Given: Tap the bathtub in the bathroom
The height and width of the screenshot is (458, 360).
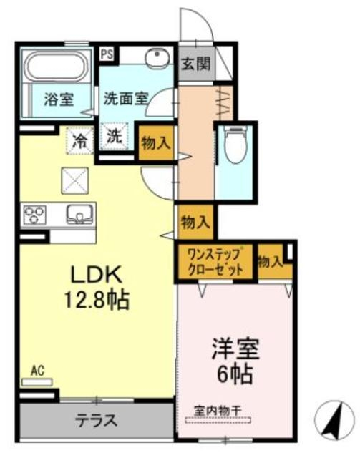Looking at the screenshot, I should (x=57, y=68).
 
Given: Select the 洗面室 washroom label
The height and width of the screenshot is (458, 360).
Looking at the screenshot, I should (x=125, y=99).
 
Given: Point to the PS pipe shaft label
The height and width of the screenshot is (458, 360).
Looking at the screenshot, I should (x=107, y=53).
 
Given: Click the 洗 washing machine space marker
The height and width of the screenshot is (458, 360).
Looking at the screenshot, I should (x=115, y=136).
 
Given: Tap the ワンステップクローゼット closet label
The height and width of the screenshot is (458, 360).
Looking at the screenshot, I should (x=215, y=260).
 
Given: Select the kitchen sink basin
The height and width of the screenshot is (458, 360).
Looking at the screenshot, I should (x=77, y=213).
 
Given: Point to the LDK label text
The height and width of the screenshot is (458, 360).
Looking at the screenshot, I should (x=97, y=276).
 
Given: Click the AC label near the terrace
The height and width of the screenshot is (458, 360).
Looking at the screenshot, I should (x=37, y=371).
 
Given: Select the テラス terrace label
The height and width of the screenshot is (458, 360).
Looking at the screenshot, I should (x=97, y=419).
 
